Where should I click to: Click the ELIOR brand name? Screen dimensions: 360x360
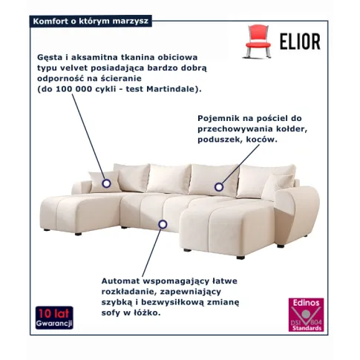300,42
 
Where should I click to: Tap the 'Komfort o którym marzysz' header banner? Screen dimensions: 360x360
91,21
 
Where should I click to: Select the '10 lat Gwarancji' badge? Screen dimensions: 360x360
54,318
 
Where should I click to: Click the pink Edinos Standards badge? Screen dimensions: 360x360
306,315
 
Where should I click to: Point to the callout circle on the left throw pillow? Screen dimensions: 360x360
107,183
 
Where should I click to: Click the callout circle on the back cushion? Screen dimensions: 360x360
219,187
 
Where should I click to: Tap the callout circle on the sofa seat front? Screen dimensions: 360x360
163,224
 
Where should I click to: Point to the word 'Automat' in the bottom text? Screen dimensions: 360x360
121,281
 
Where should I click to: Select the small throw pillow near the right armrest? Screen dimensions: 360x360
276,186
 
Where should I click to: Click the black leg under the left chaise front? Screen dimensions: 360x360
78,234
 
